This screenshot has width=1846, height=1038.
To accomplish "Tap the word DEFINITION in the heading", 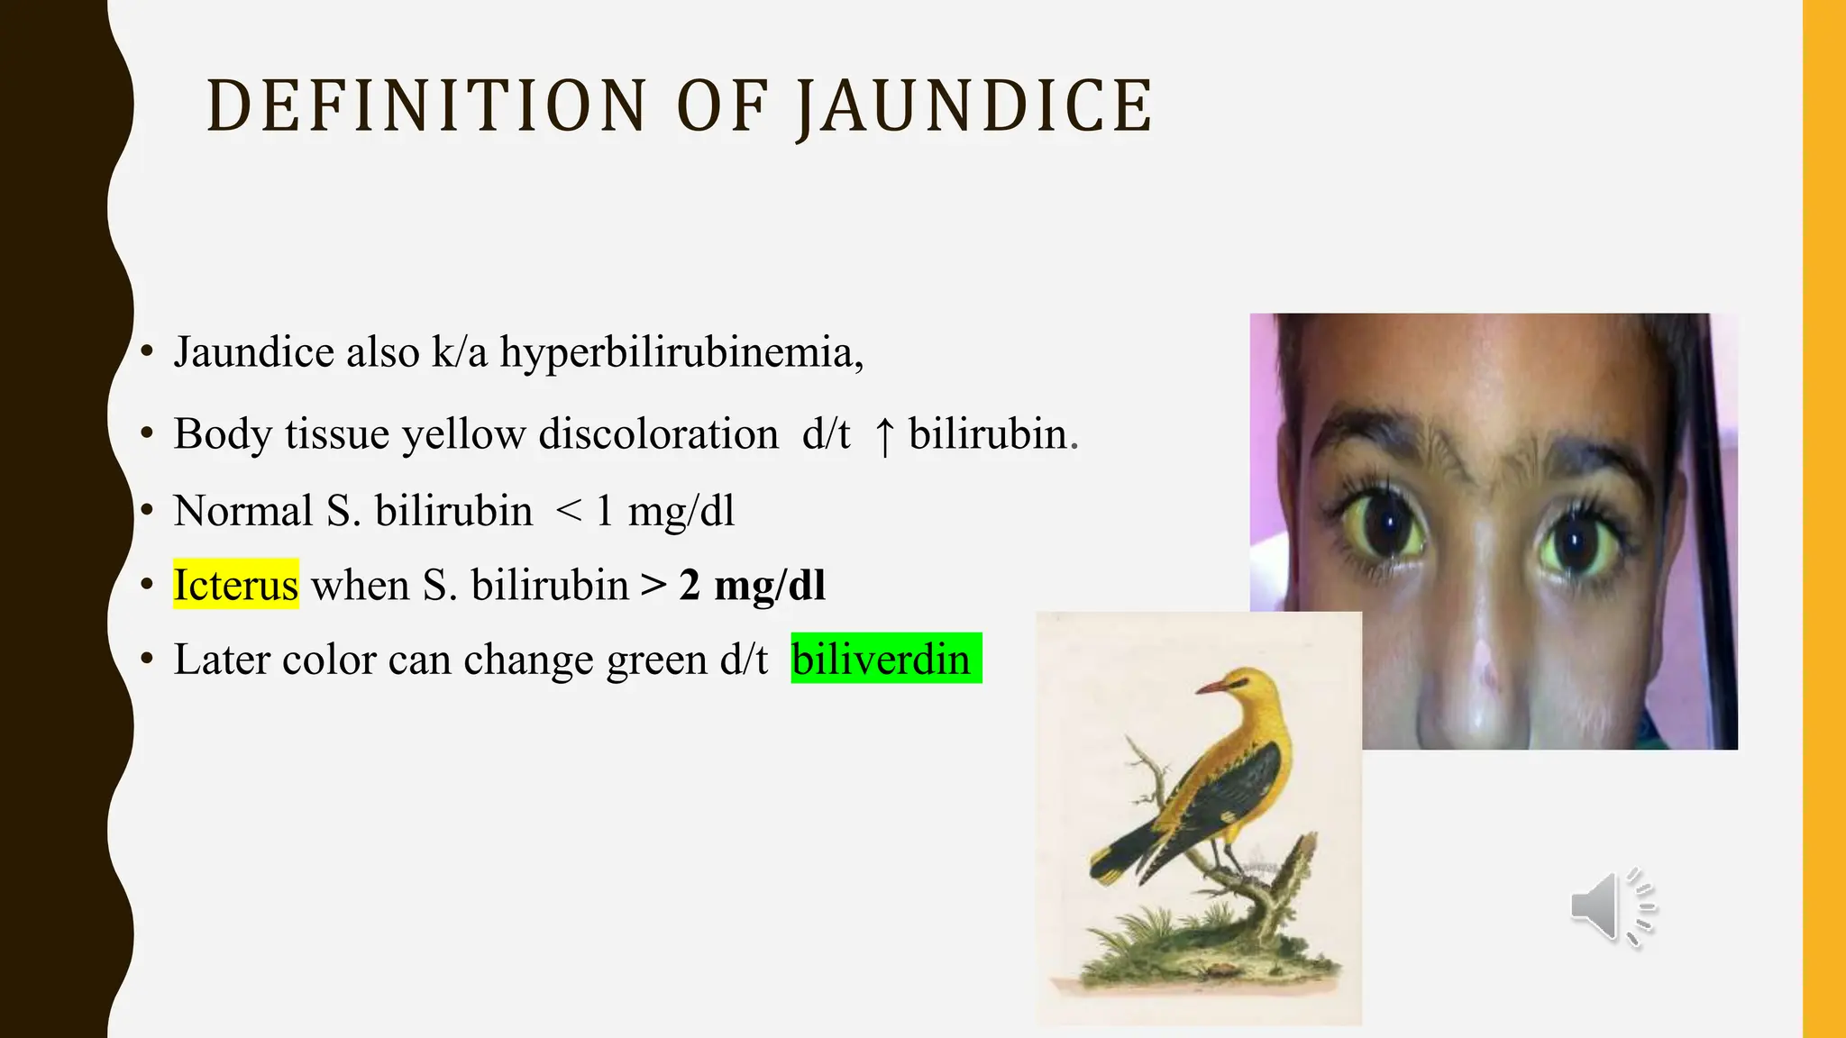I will pyautogui.click(x=427, y=106).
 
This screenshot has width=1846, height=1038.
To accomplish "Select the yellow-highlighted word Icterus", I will pyautogui.click(x=235, y=585).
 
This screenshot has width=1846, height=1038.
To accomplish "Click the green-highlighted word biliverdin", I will pyautogui.click(x=882, y=659).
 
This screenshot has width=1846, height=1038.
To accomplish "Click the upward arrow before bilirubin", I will pyautogui.click(x=884, y=436).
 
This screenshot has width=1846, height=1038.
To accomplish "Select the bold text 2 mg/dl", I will pyautogui.click(x=752, y=585).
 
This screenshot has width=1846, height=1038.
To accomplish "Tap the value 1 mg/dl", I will pyautogui.click(x=665, y=511).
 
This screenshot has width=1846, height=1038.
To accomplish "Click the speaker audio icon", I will pyautogui.click(x=1611, y=907).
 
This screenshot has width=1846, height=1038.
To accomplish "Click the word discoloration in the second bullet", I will pyautogui.click(x=658, y=434).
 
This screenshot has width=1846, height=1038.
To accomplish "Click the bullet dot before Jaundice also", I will pyautogui.click(x=147, y=351).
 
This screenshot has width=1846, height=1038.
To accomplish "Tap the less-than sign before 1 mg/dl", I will pyautogui.click(x=569, y=511).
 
